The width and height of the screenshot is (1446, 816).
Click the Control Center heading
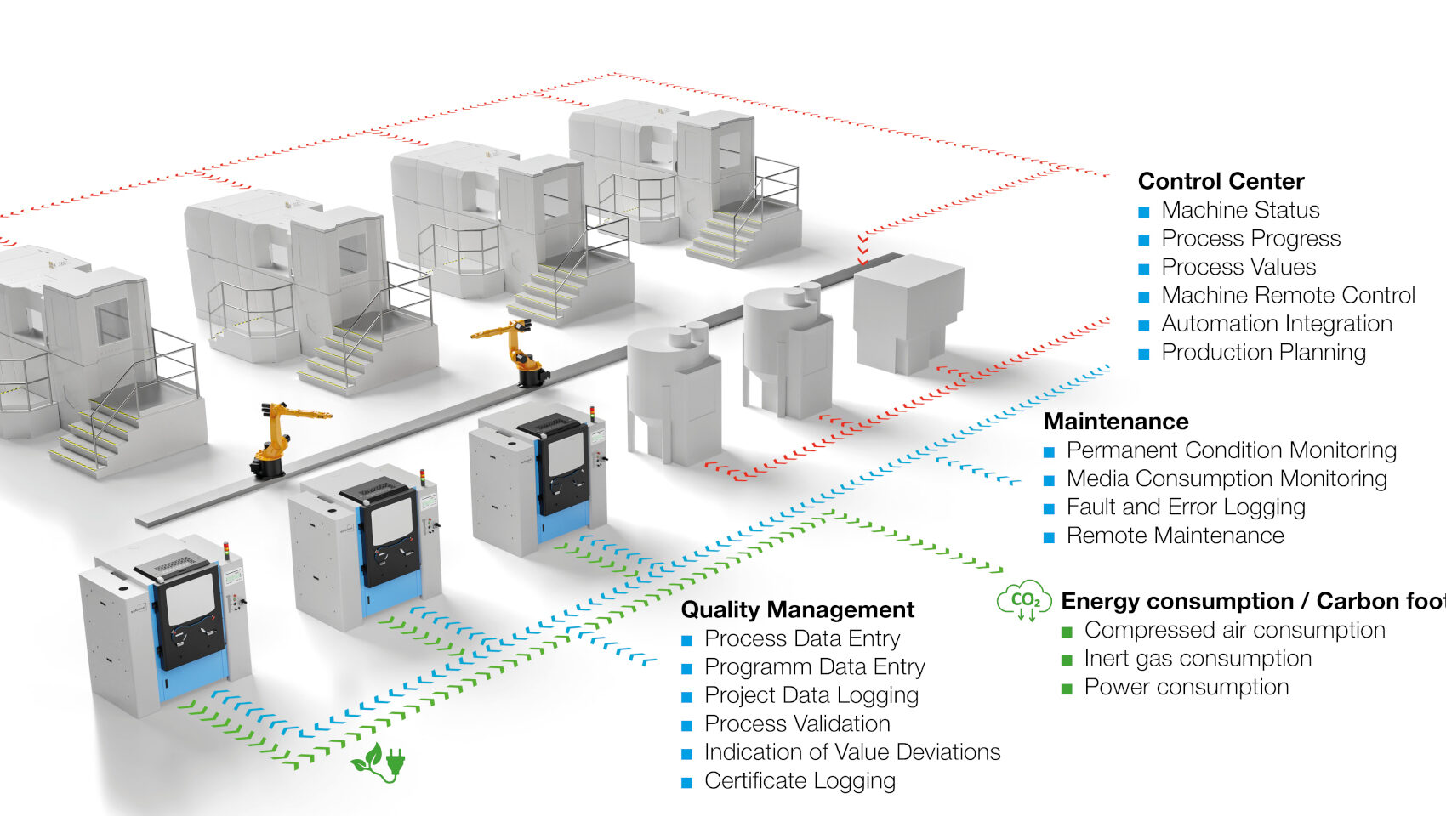pyautogui.click(x=1221, y=181)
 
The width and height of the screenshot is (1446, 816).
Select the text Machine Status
pyautogui.click(x=1240, y=210)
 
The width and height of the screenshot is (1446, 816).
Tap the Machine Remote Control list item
pyautogui.click(x=1288, y=295)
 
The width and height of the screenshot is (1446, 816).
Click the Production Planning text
pyautogui.click(x=1263, y=352)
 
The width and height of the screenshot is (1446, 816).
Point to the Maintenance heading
pyautogui.click(x=1116, y=422)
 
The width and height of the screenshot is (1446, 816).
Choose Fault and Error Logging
pyautogui.click(x=1186, y=507)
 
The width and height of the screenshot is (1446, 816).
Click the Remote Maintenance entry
pyautogui.click(x=1175, y=535)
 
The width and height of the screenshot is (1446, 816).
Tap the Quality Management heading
pyautogui.click(x=797, y=609)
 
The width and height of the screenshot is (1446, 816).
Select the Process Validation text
pyautogui.click(x=797, y=723)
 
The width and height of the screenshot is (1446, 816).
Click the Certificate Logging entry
pyautogui.click(x=800, y=780)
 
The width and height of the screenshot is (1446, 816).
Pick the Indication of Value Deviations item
pyautogui.click(x=852, y=752)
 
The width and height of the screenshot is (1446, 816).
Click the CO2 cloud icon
pyautogui.click(x=1024, y=601)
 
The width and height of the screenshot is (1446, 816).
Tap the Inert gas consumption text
pyautogui.click(x=1198, y=658)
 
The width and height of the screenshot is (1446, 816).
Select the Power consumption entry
pyautogui.click(x=1186, y=687)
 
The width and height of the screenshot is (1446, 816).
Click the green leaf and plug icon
pyautogui.click(x=379, y=762)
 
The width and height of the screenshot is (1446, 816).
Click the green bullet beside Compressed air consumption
pyautogui.click(x=1067, y=632)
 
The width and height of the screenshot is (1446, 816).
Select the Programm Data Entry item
pyautogui.click(x=814, y=667)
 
